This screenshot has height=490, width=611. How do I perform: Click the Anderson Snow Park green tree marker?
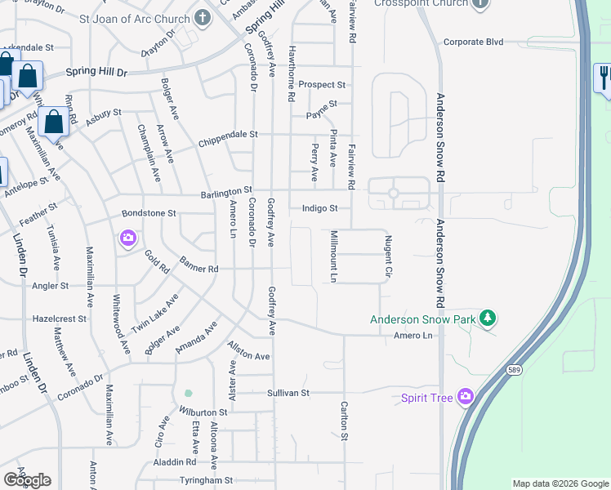pos(488,318)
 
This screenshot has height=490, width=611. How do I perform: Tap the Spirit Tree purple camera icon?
pos(466,397)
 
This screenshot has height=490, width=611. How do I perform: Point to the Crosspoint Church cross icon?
pos(479,3)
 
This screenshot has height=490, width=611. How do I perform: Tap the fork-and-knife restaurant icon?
pos(604,78)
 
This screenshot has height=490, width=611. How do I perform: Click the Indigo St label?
pos(319,208)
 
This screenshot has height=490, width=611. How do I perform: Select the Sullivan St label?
pos(288,393)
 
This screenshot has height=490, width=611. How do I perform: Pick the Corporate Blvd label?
pos(474,42)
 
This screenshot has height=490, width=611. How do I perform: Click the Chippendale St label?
pos(228,134)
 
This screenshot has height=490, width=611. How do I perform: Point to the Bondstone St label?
pos(149,213)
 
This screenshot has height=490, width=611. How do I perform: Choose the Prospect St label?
pos(322,84)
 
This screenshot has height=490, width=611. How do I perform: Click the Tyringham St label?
pos(207,480)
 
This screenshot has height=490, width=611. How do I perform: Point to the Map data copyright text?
pos(560,483)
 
